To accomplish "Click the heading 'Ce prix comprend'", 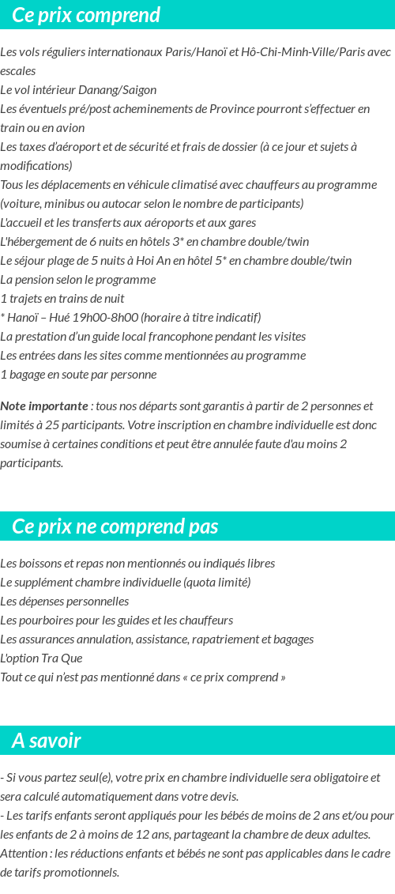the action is [86, 15].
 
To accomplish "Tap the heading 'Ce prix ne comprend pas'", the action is [115, 526].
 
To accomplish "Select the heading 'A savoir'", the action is [47, 741].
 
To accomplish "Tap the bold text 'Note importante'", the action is [44, 406].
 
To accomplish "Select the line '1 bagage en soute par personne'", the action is [78, 374].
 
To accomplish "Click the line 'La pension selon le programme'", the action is [78, 279].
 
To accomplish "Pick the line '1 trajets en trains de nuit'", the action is [62, 298].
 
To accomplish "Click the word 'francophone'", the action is [189, 336].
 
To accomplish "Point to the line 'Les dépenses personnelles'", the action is [65, 601].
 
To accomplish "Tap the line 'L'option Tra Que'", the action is [41, 658].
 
